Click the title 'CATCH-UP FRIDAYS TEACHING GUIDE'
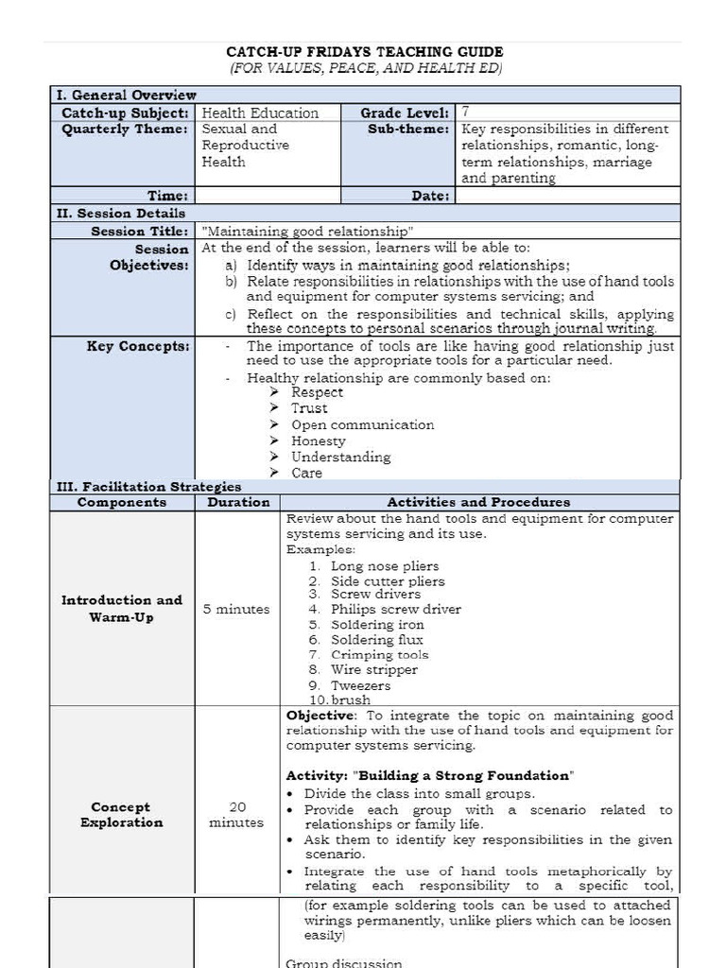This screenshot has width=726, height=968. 364,52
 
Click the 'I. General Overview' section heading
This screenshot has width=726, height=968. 125,95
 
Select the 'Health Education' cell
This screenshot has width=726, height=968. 260,112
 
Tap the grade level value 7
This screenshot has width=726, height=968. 466,112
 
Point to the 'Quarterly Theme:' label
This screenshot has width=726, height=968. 125,130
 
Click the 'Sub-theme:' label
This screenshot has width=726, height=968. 408,130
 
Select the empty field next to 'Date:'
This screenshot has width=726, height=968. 567,196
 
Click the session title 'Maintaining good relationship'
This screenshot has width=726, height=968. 308,231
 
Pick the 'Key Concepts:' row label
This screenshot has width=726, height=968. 138,346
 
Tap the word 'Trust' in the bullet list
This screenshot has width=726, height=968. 309,408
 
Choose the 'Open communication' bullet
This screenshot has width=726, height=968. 362,424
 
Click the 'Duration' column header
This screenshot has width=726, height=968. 238,502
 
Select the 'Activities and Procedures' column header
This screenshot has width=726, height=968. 478,502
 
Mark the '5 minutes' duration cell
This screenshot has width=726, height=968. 236,609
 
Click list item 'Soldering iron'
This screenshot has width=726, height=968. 377,625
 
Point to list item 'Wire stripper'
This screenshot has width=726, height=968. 373,669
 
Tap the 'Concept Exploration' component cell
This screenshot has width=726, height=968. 121,815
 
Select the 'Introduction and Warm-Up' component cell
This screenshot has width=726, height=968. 121,609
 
